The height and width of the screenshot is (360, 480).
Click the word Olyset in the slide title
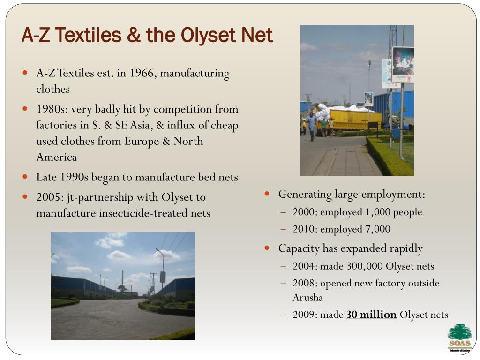pyautogui.click(x=208, y=35)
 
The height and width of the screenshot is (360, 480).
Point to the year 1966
pyautogui.click(x=143, y=73)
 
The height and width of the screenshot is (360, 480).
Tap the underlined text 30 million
pyautogui.click(x=371, y=315)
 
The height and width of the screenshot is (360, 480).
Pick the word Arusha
pyautogui.click(x=307, y=298)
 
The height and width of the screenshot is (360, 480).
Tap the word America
pyautogui.click(x=57, y=157)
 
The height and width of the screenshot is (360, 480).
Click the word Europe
pyautogui.click(x=142, y=141)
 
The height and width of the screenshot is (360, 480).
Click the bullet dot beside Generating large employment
pyautogui.click(x=267, y=194)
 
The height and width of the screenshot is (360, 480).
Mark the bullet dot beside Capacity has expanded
pyautogui.click(x=267, y=248)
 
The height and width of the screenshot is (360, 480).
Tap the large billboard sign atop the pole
pyautogui.click(x=403, y=65)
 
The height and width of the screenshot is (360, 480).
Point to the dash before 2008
pyautogui.click(x=284, y=284)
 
